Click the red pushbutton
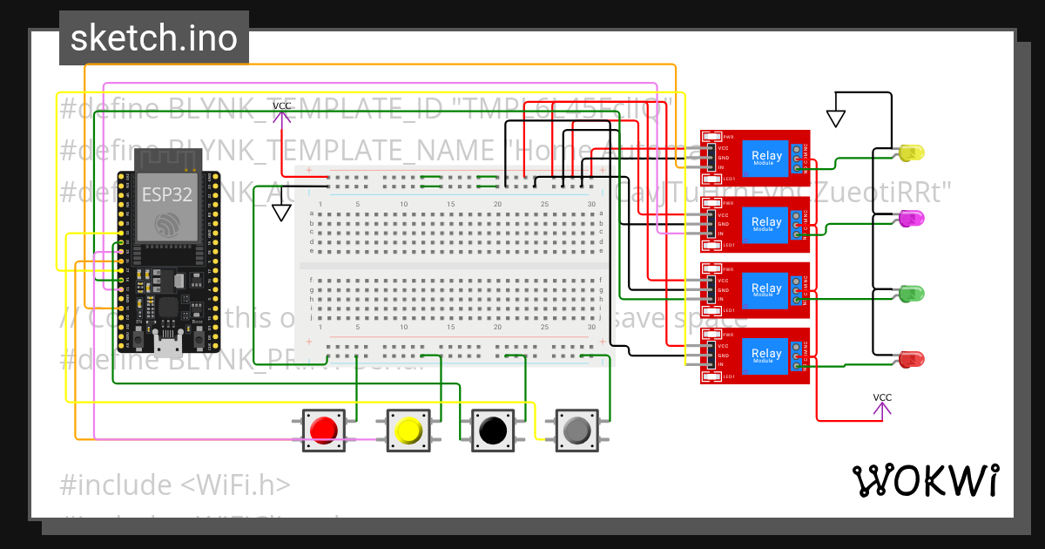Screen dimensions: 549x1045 [x=325, y=430]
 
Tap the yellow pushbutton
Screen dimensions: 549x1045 [x=408, y=430]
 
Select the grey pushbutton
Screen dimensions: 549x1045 [x=577, y=430]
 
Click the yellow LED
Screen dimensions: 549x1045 [x=911, y=153]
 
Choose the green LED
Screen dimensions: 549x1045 [x=911, y=293]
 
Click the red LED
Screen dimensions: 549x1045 [x=911, y=358]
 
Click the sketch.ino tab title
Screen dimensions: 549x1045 [x=153, y=38]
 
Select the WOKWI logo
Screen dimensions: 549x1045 [x=925, y=480]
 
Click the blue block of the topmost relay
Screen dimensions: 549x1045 [x=766, y=158]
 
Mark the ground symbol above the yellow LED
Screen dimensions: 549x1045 [x=836, y=117]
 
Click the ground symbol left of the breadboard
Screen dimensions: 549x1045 [x=280, y=212]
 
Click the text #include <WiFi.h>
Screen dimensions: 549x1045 [x=175, y=485]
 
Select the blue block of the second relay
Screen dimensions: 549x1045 [x=766, y=224]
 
